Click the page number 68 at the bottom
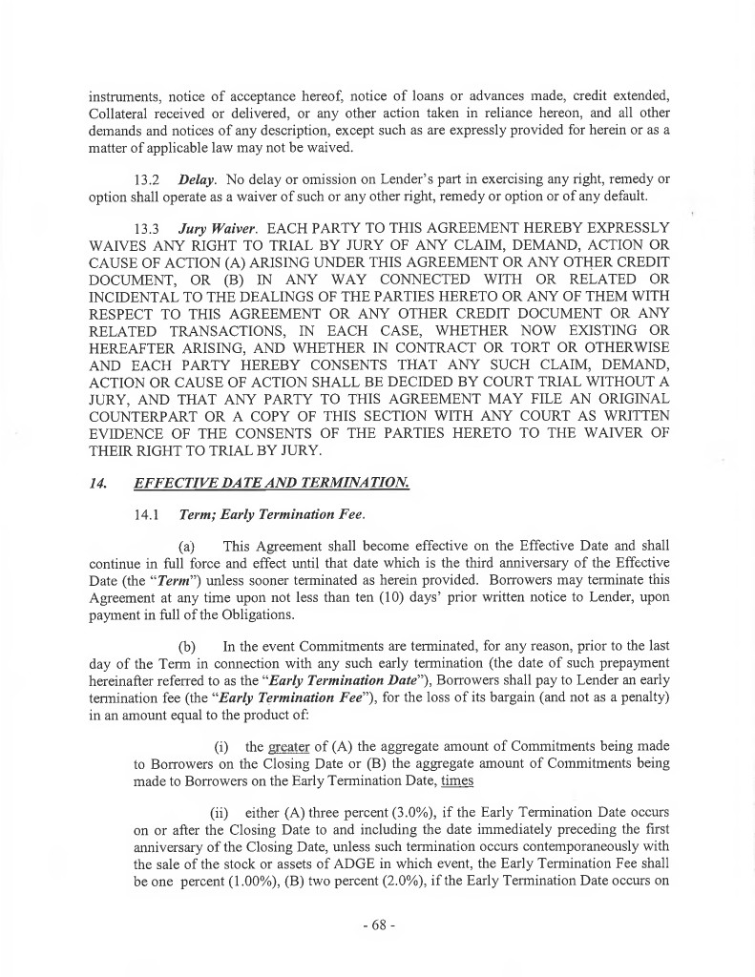point(378,926)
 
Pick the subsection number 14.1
point(151,516)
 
